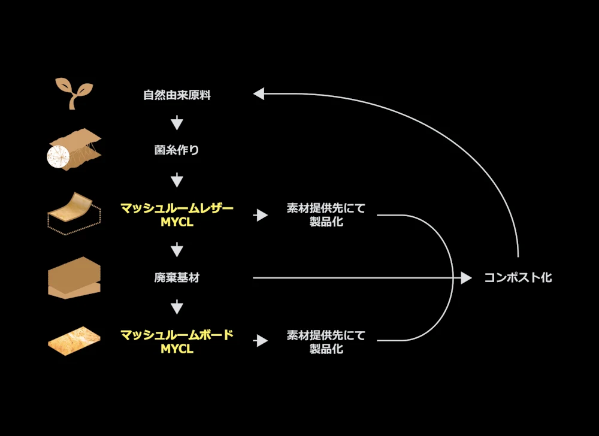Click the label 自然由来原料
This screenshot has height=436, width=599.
tap(177, 95)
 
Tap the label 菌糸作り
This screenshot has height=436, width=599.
tap(177, 150)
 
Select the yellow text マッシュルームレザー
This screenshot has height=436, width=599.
tap(177, 208)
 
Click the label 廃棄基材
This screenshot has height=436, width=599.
tap(177, 278)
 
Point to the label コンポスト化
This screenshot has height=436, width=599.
tap(518, 278)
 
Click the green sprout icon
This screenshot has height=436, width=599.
tap(74, 93)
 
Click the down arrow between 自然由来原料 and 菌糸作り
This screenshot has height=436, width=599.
tap(177, 123)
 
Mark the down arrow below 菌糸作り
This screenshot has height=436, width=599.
tap(177, 180)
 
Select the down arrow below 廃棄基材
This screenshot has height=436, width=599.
tap(177, 307)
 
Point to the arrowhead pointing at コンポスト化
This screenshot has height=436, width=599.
tap(467, 277)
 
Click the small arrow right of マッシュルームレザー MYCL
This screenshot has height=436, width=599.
tap(261, 215)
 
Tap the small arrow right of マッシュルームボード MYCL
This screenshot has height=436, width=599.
tap(261, 341)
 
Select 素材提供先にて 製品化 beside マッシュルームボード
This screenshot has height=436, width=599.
tap(326, 341)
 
